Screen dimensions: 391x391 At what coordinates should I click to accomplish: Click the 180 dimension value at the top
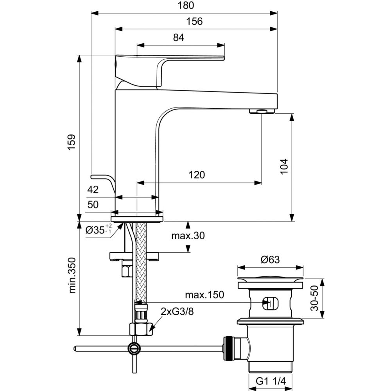coord(184,5)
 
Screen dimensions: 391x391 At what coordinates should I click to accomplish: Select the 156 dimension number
coord(194,22)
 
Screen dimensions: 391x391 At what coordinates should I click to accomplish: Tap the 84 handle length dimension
coord(178,38)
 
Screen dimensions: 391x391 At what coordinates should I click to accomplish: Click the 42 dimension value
coord(93,190)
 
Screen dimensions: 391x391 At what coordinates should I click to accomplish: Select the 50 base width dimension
coord(93,205)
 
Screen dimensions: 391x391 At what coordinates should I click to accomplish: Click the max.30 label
coord(188,236)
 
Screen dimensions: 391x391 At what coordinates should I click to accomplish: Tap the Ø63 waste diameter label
coord(270,259)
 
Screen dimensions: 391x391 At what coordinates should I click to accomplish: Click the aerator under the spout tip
coord(262,111)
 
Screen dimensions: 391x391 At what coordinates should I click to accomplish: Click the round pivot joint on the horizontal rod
coord(134,347)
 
